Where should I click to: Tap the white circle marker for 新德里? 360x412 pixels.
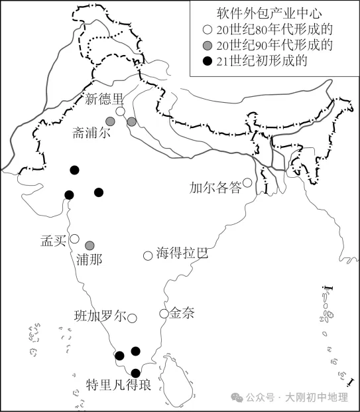click(120, 111)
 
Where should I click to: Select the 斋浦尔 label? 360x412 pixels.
click(91, 133)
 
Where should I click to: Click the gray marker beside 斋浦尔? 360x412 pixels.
click(111, 122)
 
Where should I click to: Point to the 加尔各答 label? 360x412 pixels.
click(215, 187)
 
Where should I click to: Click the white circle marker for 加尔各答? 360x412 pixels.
click(247, 182)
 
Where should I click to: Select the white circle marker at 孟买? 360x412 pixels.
click(75, 239)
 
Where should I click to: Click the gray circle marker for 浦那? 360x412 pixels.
click(89, 245)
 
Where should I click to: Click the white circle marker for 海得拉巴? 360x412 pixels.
click(148, 255)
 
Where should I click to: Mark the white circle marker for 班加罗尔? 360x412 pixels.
click(132, 318)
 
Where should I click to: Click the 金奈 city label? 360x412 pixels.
click(182, 313)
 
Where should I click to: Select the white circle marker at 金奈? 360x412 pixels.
click(164, 313)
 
